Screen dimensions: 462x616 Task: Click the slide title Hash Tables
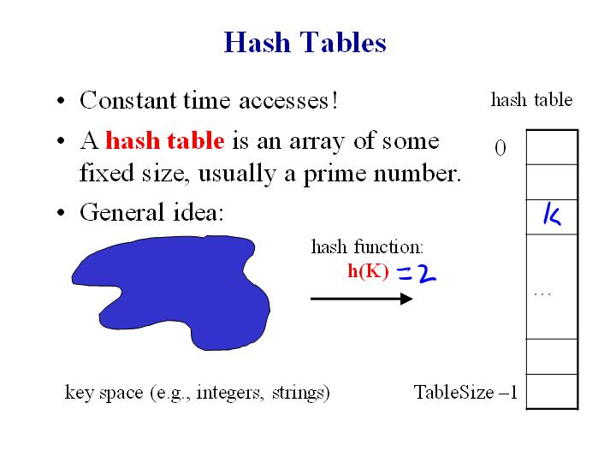pyautogui.click(x=305, y=42)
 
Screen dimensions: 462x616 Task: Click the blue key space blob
pyautogui.click(x=171, y=292)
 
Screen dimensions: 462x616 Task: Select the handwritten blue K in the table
pyautogui.click(x=552, y=216)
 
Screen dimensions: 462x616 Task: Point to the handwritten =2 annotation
pyautogui.click(x=418, y=273)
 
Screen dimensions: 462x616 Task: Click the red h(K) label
pyautogui.click(x=368, y=272)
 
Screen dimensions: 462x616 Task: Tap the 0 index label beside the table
pyautogui.click(x=500, y=149)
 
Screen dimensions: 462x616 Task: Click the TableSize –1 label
pyautogui.click(x=465, y=393)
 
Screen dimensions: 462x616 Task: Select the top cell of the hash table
pyautogui.click(x=552, y=147)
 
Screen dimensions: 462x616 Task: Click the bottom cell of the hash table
pyautogui.click(x=552, y=391)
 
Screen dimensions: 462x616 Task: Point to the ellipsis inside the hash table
pyautogui.click(x=541, y=294)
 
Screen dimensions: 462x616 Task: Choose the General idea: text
pyautogui.click(x=151, y=212)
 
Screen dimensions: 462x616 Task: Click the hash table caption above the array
pyautogui.click(x=531, y=100)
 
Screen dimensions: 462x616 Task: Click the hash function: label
pyautogui.click(x=366, y=248)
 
